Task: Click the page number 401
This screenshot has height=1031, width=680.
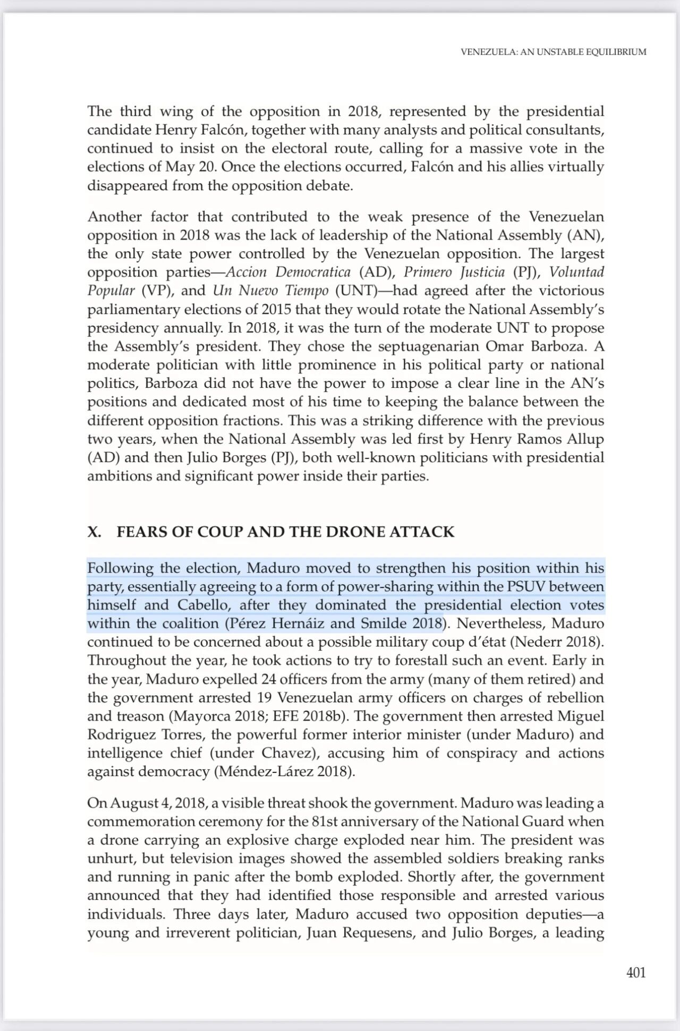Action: click(x=636, y=973)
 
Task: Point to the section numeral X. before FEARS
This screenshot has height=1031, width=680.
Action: click(x=95, y=532)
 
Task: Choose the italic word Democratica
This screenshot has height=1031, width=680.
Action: click(x=313, y=272)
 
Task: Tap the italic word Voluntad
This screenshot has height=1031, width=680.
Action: click(x=576, y=272)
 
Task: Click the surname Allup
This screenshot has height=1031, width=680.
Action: click(x=585, y=439)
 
